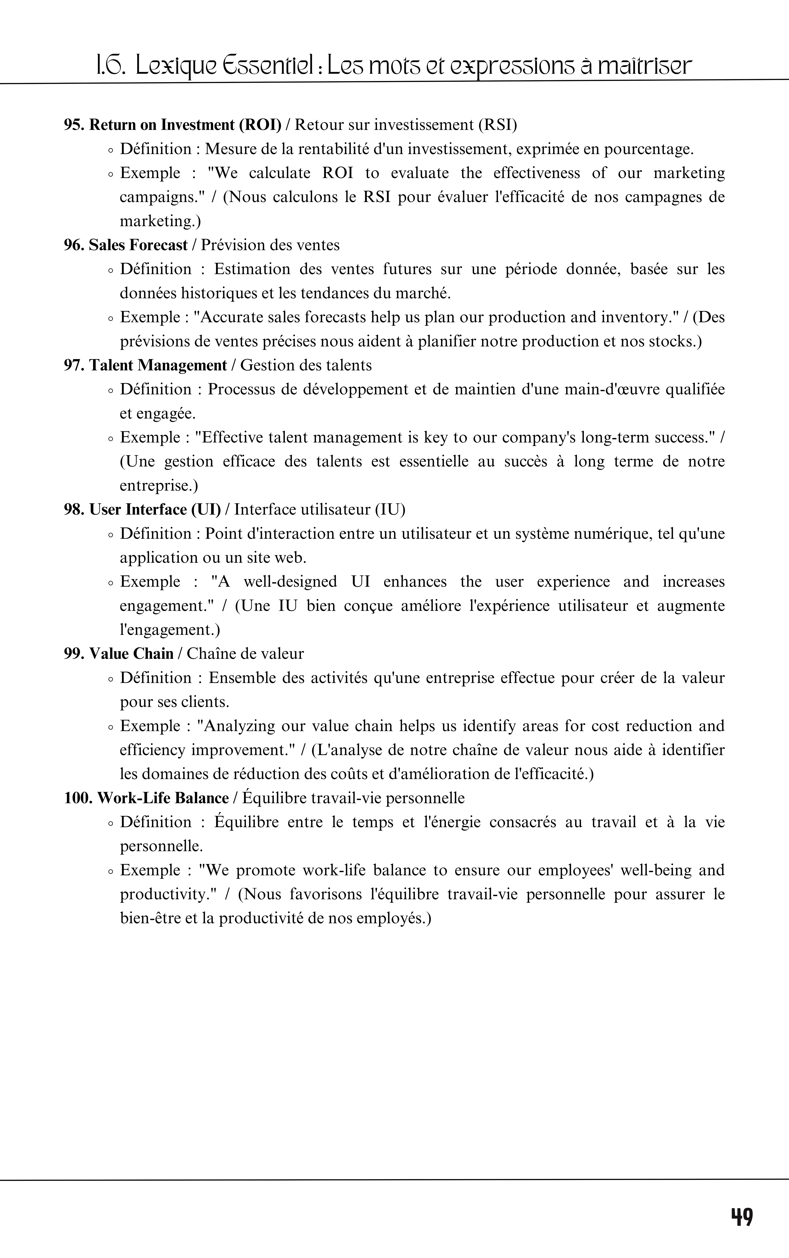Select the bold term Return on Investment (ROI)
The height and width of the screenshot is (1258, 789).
point(185,125)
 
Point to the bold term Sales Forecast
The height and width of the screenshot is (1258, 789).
point(138,245)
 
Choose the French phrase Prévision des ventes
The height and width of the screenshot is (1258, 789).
point(270,245)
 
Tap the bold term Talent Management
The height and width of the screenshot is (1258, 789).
point(158,365)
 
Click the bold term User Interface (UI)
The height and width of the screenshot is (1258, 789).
point(155,509)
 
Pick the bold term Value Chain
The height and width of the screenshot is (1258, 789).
point(131,654)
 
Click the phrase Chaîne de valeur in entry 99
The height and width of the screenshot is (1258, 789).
point(245,654)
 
